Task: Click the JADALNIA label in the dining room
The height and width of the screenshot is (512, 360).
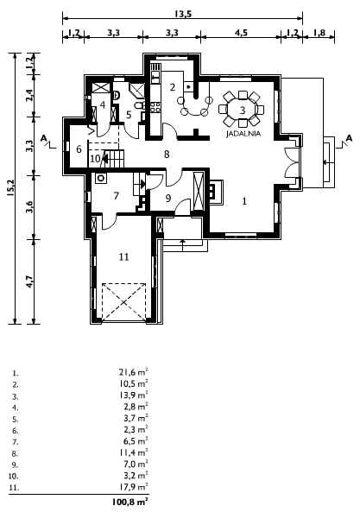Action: tap(243, 134)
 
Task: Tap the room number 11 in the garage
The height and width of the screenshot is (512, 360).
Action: tap(123, 257)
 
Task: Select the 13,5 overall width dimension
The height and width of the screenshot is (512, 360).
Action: tap(183, 14)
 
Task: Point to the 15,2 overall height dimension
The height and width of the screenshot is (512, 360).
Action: tap(9, 188)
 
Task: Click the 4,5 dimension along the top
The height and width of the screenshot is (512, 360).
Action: tap(241, 33)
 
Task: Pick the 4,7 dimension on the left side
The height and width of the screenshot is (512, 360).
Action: tap(29, 281)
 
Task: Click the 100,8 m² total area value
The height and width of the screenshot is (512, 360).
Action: tap(130, 502)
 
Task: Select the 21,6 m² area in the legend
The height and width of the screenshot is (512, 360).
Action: tap(134, 371)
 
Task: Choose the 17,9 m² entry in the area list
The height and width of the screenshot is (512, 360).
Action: tap(134, 487)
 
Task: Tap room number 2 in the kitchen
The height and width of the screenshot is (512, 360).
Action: tap(173, 87)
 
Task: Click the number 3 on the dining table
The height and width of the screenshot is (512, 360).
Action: tap(243, 110)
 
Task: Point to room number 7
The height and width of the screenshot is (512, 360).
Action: tap(117, 196)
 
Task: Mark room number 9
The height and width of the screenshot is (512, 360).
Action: tap(168, 199)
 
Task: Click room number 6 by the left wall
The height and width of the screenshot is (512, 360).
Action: tap(79, 149)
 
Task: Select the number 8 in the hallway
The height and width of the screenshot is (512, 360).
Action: tap(167, 155)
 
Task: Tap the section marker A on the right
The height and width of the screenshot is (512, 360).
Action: tap(350, 138)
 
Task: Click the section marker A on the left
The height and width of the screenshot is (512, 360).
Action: tap(43, 138)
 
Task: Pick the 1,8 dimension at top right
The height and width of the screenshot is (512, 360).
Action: tap(319, 33)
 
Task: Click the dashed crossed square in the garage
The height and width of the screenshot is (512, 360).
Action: tap(123, 302)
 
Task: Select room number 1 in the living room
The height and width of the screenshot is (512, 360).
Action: tap(245, 201)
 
